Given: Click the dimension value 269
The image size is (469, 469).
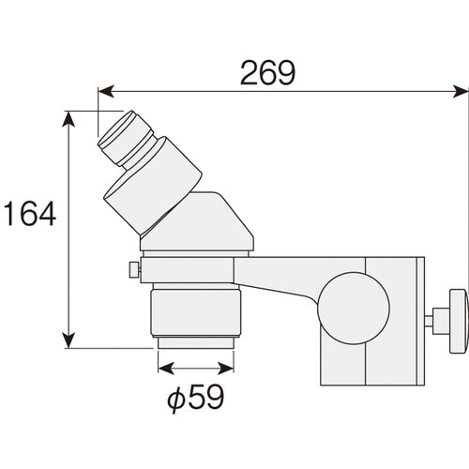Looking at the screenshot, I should (268, 72).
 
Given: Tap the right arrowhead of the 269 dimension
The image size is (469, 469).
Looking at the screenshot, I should (461, 92).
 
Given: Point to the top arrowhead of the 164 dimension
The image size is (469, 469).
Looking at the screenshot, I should (69, 117).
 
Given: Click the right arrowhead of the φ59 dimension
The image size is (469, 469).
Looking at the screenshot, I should (234, 368).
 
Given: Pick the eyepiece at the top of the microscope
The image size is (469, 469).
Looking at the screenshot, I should (124, 137).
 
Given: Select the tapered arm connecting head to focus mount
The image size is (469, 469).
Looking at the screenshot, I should (281, 279).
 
